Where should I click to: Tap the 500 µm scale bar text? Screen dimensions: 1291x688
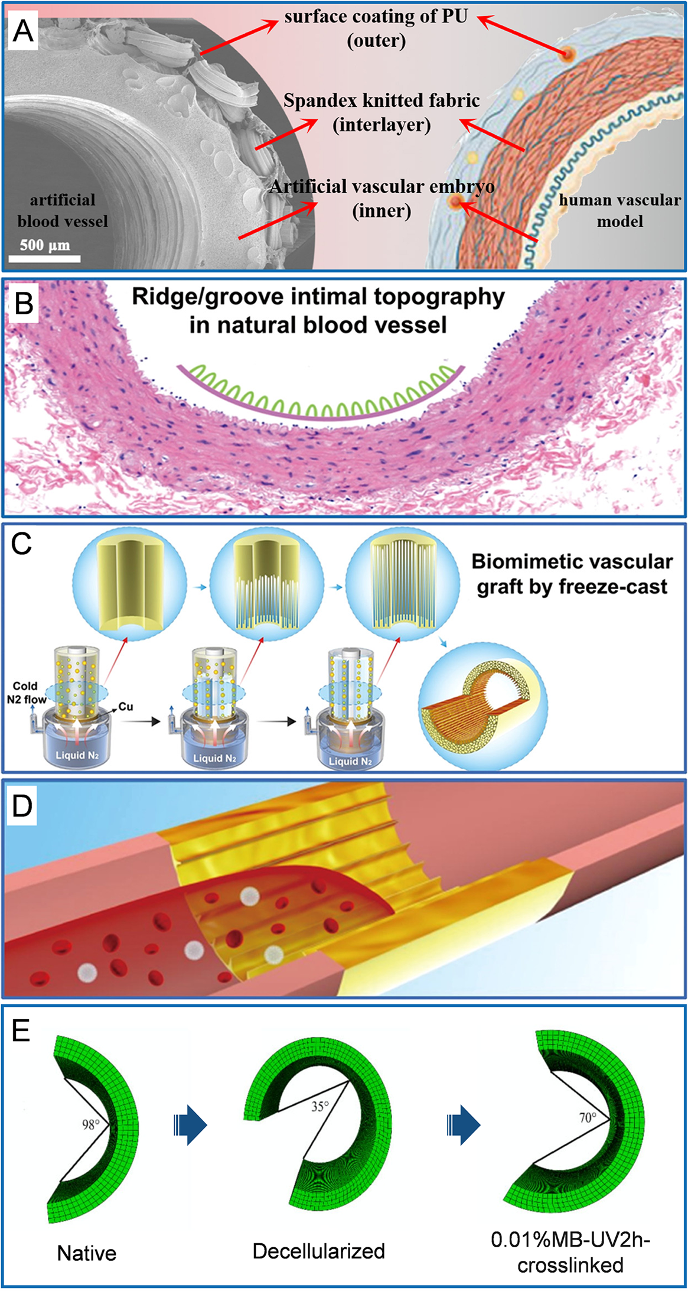[45, 245]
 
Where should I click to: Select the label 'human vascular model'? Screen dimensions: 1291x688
[619, 210]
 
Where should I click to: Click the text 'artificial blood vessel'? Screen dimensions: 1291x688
[63, 210]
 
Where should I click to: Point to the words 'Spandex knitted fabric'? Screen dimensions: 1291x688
[382, 101]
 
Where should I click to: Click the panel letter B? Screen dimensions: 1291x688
[24, 304]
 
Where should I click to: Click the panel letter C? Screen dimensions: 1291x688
[21, 543]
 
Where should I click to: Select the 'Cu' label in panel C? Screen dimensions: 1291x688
[126, 707]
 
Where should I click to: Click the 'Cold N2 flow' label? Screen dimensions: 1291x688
[25, 692]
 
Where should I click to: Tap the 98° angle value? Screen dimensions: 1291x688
[90, 1124]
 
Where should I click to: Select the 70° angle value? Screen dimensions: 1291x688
[587, 1117]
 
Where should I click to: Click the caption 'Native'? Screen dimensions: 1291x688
[87, 1253]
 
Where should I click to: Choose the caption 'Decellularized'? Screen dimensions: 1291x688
[318, 1251]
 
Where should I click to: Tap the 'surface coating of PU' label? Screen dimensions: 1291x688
[376, 17]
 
